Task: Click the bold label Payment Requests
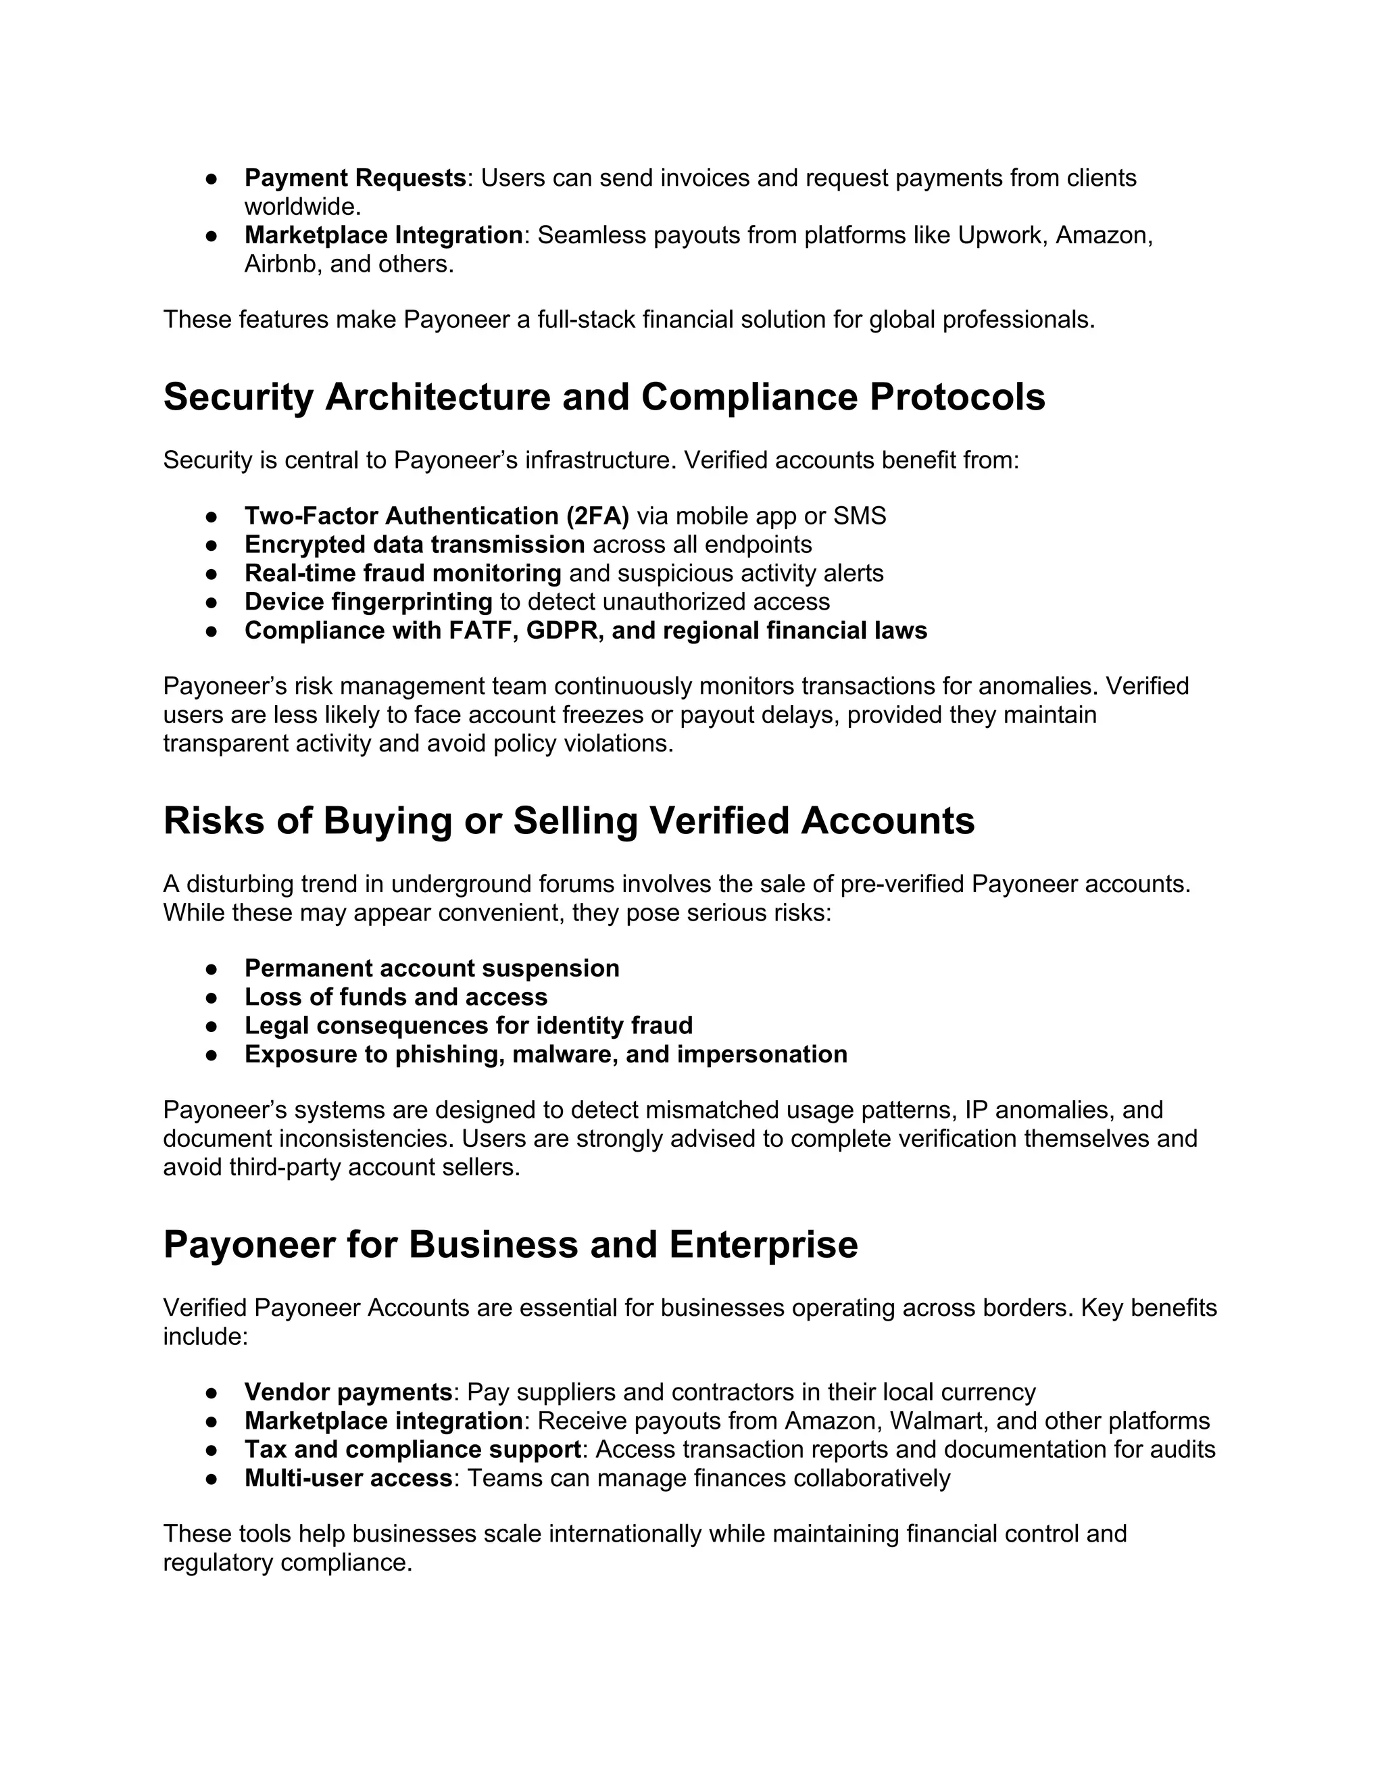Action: (355, 178)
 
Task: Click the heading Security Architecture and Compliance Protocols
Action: (604, 397)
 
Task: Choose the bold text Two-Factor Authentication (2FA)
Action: (436, 516)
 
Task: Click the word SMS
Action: (860, 516)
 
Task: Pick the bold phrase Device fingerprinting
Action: (368, 602)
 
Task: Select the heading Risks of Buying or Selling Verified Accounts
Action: (569, 821)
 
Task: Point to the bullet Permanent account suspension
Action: (431, 968)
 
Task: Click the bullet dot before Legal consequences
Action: (211, 1026)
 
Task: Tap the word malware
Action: (565, 1054)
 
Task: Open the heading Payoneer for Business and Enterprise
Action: (510, 1245)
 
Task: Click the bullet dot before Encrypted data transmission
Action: (211, 545)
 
